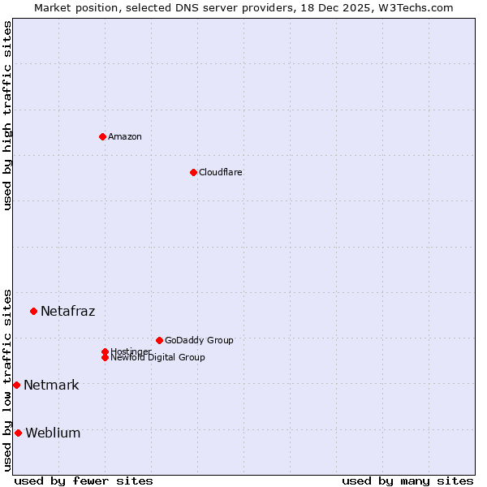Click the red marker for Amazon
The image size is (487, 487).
click(102, 136)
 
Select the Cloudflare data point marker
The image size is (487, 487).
click(193, 172)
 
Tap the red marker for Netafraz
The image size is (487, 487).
click(33, 311)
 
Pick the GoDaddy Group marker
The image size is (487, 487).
click(159, 340)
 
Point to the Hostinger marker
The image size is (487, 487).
click(105, 351)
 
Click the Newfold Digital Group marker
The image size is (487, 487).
click(105, 357)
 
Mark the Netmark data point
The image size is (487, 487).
click(16, 385)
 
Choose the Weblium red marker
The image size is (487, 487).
click(18, 433)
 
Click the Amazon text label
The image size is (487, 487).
click(125, 136)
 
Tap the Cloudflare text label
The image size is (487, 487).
click(220, 172)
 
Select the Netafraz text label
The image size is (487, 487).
click(67, 311)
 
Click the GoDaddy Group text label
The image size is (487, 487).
click(199, 340)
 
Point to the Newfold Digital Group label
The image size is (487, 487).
click(157, 357)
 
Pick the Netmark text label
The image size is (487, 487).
click(51, 385)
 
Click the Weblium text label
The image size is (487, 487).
click(53, 433)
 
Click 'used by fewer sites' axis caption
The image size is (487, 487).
click(84, 481)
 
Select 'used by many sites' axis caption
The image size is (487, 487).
click(407, 481)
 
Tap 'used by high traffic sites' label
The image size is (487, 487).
click(7, 115)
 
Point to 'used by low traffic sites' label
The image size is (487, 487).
click(7, 379)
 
